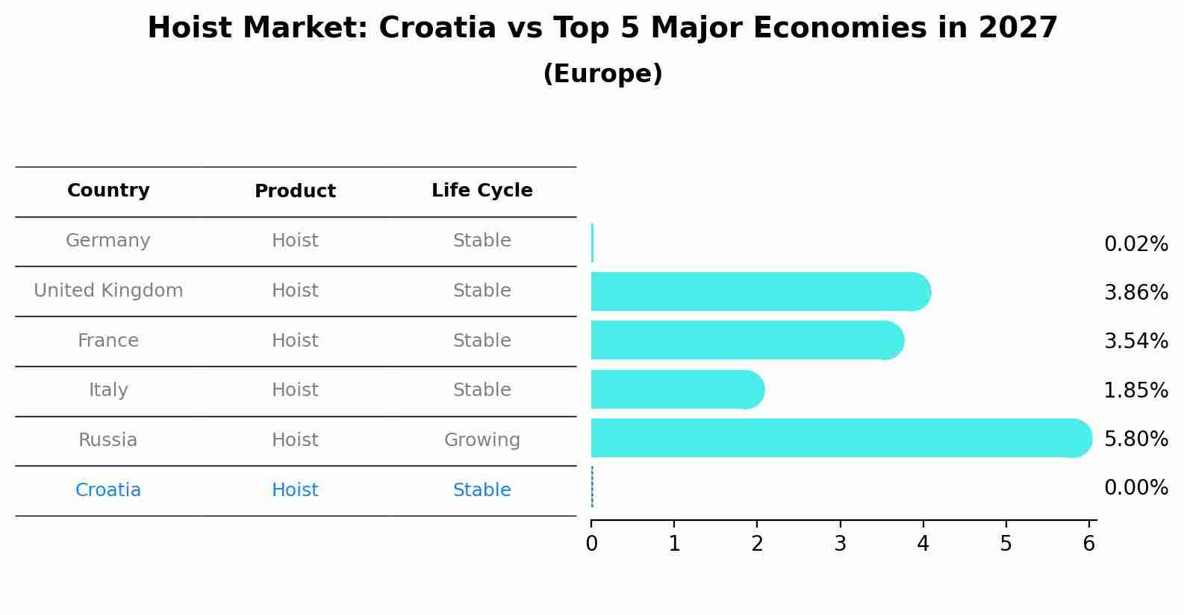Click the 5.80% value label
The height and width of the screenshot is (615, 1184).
[x=1135, y=439]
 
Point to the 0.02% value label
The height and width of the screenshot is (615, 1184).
[x=1135, y=244]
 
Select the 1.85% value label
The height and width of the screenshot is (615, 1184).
[x=1135, y=390]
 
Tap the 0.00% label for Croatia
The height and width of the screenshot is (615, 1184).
[x=1135, y=488]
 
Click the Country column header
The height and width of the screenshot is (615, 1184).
[x=108, y=191]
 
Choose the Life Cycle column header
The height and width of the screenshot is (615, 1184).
[x=482, y=191]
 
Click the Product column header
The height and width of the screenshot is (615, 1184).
[x=295, y=191]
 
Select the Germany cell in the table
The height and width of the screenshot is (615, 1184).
[x=108, y=241]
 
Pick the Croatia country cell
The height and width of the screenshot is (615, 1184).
[x=108, y=490]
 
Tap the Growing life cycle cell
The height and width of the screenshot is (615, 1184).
[x=482, y=440]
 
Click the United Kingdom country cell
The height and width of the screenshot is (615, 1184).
[x=108, y=291]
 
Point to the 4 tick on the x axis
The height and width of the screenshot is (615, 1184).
[x=923, y=543]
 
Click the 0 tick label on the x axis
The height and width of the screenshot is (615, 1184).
[x=591, y=543]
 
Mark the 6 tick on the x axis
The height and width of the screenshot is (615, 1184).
[x=1088, y=543]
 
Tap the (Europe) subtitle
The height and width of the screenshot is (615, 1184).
[x=602, y=74]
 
